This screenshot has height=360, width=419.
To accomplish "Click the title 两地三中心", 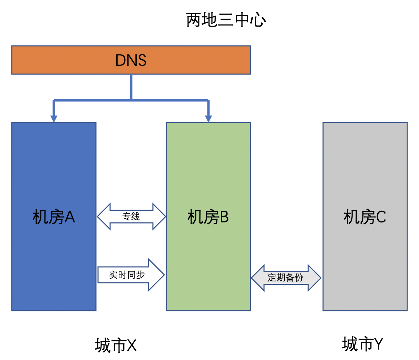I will coord(226,20).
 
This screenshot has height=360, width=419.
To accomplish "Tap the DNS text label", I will coord(131,60).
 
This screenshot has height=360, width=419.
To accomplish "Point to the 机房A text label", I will coord(53,217).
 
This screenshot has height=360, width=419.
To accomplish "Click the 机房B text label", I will coord(208,217).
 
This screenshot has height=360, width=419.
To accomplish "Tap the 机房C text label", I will coord(365,217).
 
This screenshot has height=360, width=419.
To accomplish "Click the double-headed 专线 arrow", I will coord(131,217).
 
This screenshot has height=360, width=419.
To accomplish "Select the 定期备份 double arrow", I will coord(286,278).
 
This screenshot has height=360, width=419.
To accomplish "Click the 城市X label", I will coord(116,345).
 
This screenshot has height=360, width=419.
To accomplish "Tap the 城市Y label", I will coord(363,344).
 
